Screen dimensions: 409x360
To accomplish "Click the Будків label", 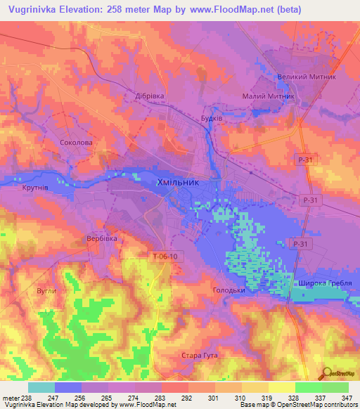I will pyautogui.click(x=212, y=119).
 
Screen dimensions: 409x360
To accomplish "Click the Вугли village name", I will pyautogui.click(x=45, y=290).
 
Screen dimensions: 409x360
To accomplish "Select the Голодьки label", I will pyautogui.click(x=229, y=290).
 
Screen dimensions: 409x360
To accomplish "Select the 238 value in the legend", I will pyautogui.click(x=25, y=398).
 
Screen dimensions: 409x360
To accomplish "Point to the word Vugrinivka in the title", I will pyautogui.click(x=34, y=10).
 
